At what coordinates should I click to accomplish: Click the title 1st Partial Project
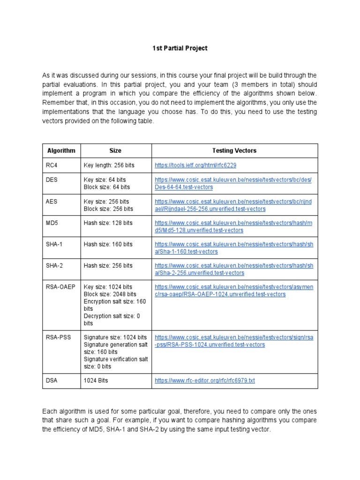tap(180, 48)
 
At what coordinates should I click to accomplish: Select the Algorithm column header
tap(61, 150)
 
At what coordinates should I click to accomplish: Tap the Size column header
tap(115, 150)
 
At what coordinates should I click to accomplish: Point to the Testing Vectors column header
tap(234, 150)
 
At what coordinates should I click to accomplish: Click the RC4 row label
tap(52, 165)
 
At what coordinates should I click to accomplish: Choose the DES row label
tap(52, 180)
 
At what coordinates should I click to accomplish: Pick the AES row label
tap(52, 201)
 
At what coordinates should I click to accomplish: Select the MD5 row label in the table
tap(52, 223)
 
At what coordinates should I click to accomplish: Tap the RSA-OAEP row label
tap(61, 287)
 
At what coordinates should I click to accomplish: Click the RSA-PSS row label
tap(59, 337)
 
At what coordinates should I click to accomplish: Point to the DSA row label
tap(52, 380)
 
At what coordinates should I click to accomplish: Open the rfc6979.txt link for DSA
tap(205, 381)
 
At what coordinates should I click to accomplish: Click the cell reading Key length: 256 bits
tap(108, 165)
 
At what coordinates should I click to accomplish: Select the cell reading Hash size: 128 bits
tap(108, 223)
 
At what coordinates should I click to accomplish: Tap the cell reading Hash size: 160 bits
tap(108, 244)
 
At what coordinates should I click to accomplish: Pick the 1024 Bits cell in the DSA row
tap(96, 380)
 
